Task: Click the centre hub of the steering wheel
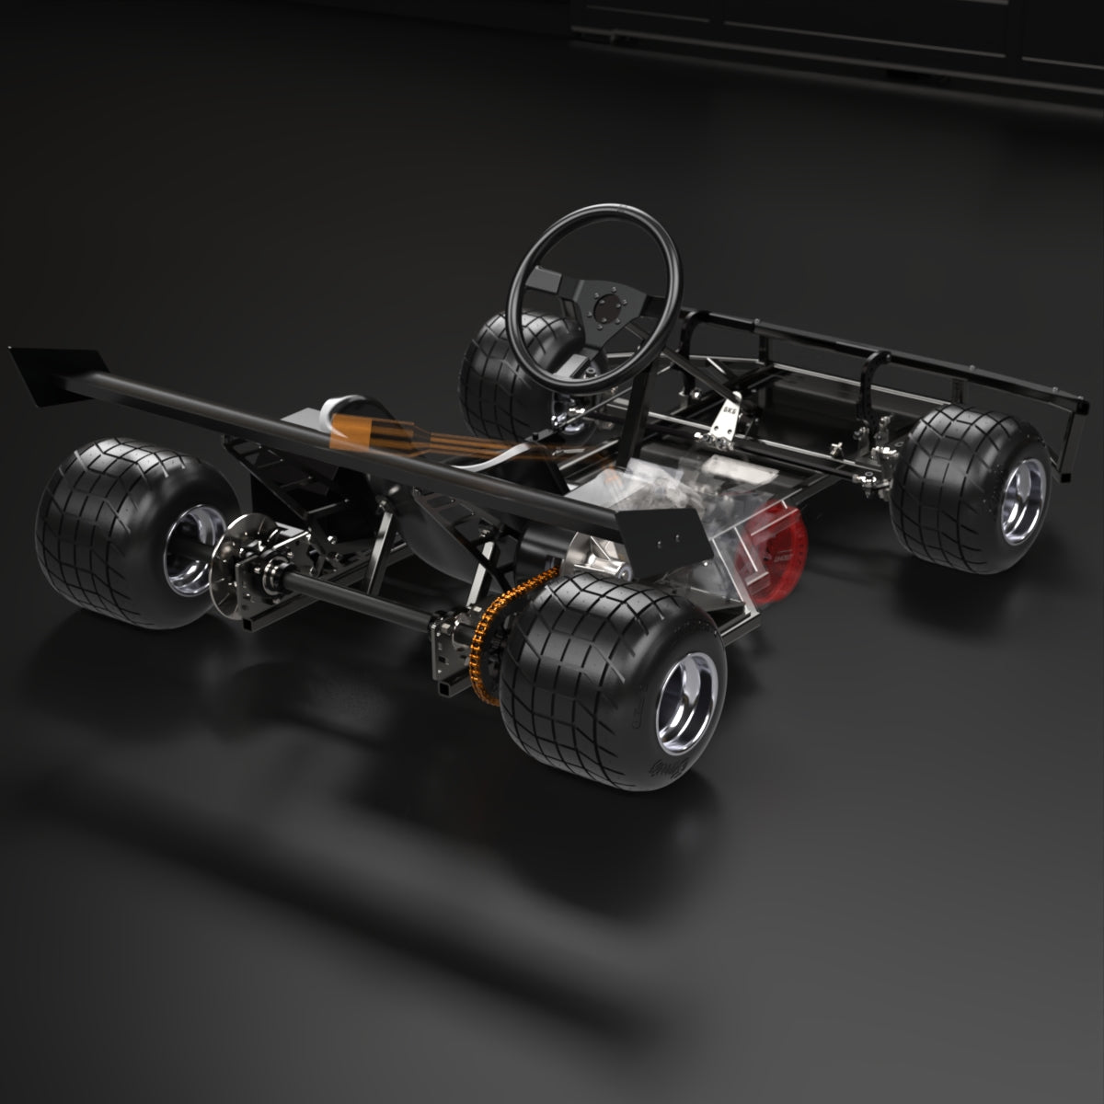[x=604, y=305]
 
